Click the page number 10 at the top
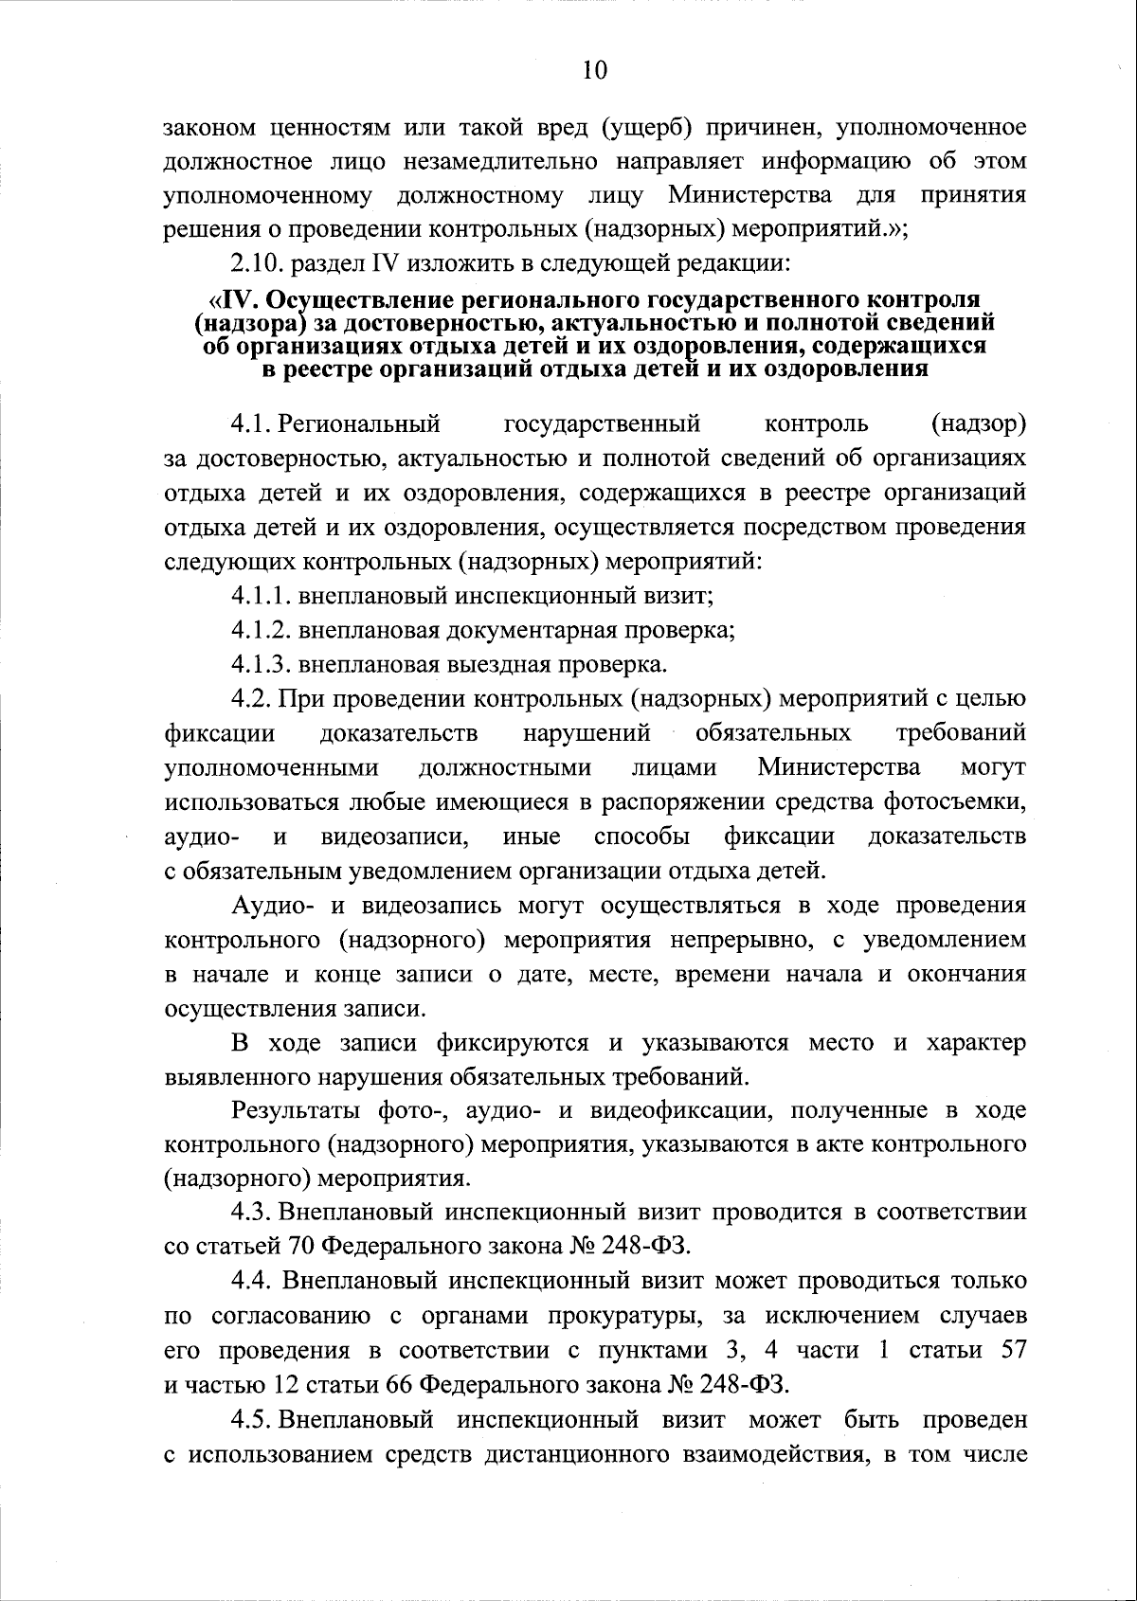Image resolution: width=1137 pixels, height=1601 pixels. point(595,70)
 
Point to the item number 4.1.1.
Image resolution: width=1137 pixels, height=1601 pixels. point(262,597)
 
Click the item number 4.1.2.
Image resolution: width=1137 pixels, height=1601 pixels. point(262,630)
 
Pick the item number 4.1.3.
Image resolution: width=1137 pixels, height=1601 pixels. point(262,664)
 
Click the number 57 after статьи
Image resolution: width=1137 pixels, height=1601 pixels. point(1014,1350)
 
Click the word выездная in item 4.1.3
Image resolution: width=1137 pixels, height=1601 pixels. point(498,664)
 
